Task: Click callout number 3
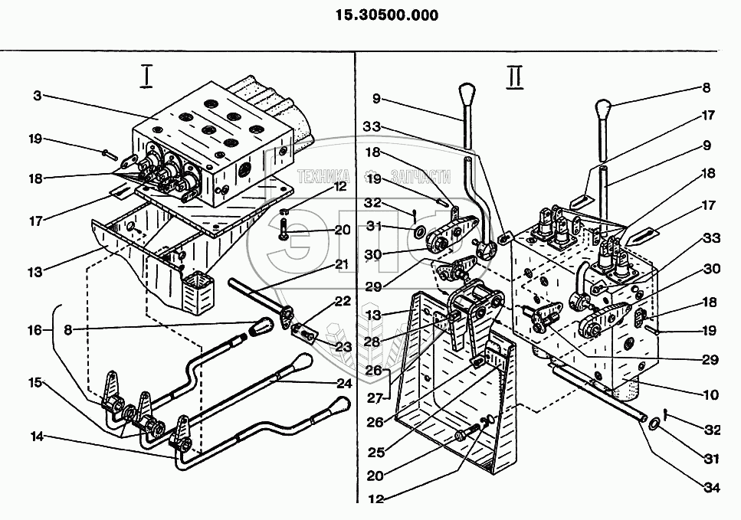(38, 96)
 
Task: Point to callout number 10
(711, 395)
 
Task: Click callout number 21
(340, 264)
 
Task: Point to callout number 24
(344, 382)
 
